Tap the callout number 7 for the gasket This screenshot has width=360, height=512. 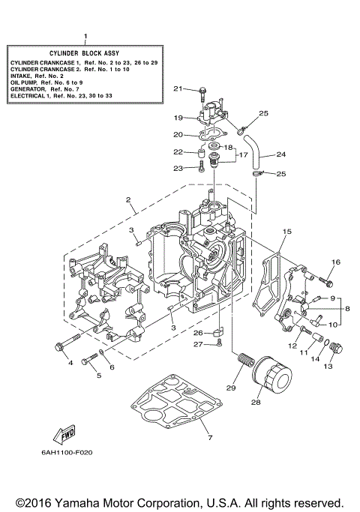click(x=211, y=437)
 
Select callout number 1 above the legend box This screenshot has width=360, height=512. click(x=85, y=36)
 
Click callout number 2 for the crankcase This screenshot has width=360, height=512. click(x=129, y=200)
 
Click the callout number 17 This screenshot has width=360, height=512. click(x=243, y=155)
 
